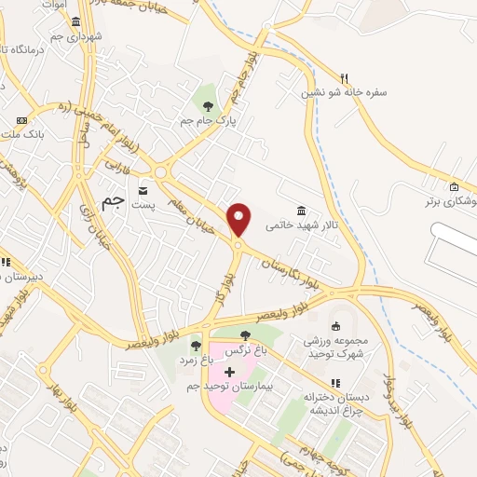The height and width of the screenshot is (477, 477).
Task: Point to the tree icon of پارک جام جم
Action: click(208, 105)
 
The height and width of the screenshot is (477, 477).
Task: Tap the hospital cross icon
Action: click(230, 372)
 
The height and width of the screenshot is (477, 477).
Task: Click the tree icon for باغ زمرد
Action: click(195, 346)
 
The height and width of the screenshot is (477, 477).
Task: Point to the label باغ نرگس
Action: click(245, 349)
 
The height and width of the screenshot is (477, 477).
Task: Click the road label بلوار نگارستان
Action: click(292, 265)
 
